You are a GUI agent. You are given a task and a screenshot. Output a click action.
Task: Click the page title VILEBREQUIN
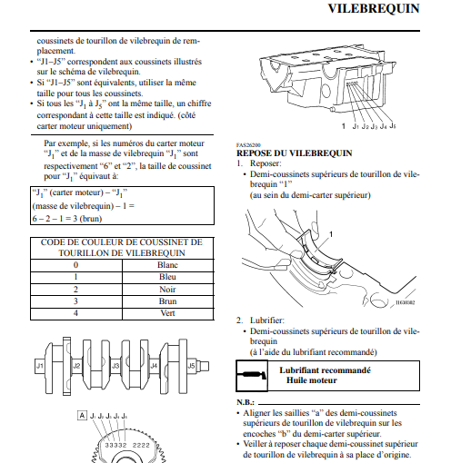click(374, 8)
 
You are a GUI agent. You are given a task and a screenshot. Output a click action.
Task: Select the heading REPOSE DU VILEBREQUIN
click(295, 153)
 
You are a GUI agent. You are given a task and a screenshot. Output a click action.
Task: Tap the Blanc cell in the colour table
click(167, 265)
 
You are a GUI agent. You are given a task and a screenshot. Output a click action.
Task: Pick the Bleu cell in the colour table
click(167, 277)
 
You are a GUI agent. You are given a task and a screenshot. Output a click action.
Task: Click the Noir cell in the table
click(167, 290)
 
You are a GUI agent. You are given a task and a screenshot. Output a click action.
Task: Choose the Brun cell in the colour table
click(167, 301)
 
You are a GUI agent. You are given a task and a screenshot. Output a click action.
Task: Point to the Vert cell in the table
click(167, 313)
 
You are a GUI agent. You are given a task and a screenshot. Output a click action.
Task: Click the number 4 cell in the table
click(75, 313)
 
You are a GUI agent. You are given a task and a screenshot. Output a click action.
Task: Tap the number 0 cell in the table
click(75, 265)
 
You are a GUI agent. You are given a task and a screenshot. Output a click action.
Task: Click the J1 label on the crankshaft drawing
click(40, 366)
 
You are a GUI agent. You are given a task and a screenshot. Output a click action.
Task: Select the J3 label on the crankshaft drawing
click(115, 366)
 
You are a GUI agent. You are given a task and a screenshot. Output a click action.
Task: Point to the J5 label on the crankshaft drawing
click(191, 366)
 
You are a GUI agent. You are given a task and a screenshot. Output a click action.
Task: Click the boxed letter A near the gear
click(82, 416)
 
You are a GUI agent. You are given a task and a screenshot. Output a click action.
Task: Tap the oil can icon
click(252, 376)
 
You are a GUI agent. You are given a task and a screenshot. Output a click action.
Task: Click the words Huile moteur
click(312, 380)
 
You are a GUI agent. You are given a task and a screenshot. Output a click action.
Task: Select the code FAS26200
click(248, 145)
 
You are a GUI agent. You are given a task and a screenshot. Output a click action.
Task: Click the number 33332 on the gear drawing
click(115, 445)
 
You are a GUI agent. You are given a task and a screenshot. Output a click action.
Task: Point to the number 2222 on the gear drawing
click(141, 445)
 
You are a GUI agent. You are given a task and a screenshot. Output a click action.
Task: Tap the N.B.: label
click(246, 402)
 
